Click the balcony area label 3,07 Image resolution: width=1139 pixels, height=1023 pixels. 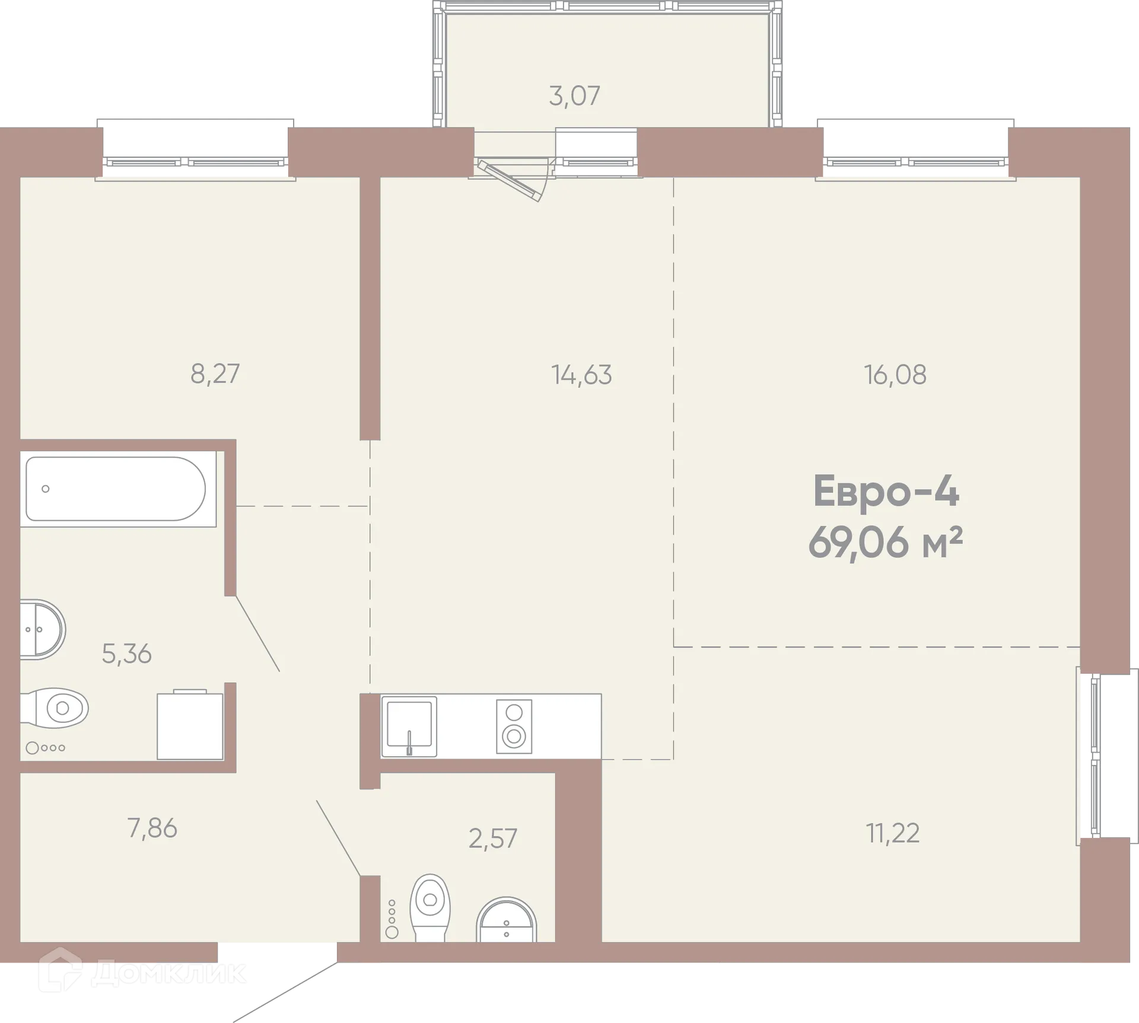pyautogui.click(x=574, y=96)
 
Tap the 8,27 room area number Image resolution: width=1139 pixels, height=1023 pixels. pyautogui.click(x=215, y=374)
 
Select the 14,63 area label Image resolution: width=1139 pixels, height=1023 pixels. pyautogui.click(x=581, y=375)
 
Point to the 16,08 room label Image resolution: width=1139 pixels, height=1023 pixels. pyautogui.click(x=895, y=375)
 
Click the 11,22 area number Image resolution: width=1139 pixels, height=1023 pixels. pyautogui.click(x=892, y=833)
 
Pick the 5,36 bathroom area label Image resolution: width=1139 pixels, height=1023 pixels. pyautogui.click(x=126, y=654)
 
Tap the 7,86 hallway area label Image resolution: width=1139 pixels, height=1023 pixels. pyautogui.click(x=152, y=828)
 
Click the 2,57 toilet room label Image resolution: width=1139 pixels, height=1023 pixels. pyautogui.click(x=492, y=839)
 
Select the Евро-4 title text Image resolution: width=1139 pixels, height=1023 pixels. pyautogui.click(x=885, y=492)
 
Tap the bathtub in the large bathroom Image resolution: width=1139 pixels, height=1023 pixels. pyautogui.click(x=116, y=489)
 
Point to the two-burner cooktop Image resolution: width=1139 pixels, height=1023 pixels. pyautogui.click(x=514, y=726)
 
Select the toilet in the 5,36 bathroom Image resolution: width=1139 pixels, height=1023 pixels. pyautogui.click(x=56, y=708)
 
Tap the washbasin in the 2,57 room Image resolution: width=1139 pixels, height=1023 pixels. pyautogui.click(x=506, y=922)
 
